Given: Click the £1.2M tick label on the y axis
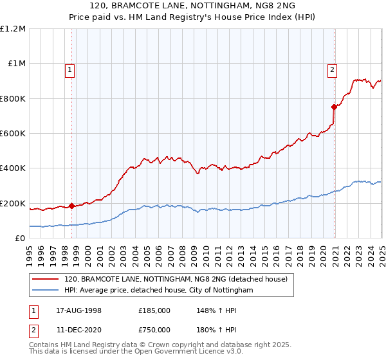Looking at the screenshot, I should coord(13,29).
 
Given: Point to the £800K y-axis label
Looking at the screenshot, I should coord(13,98).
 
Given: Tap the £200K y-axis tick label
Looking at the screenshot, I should coord(13,203).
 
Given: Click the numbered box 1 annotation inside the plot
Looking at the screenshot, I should coord(69,71).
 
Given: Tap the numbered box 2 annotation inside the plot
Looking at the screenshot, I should coord(332,71).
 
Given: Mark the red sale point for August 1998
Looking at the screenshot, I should coord(71,206).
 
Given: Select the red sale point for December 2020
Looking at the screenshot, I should coord(334,107).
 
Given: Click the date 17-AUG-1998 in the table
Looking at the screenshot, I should coord(78,310).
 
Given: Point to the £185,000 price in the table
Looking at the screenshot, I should coord(154,310).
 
